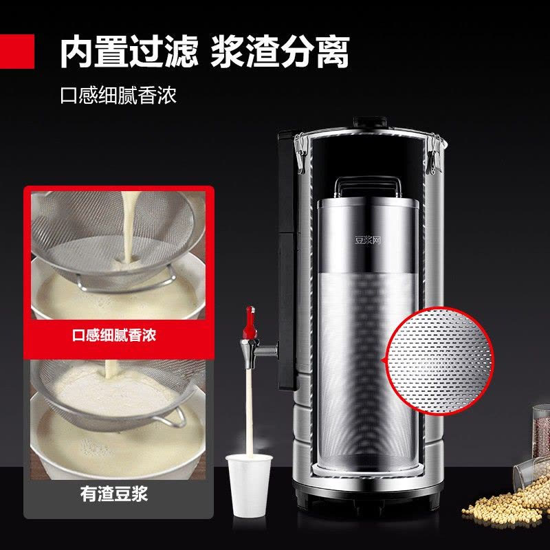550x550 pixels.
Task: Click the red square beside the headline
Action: pyautogui.click(x=16, y=51)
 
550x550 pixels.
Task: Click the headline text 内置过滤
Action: pyautogui.click(x=129, y=52)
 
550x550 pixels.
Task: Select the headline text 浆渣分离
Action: pyautogui.click(x=280, y=52)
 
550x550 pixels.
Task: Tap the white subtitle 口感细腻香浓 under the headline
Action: pyautogui.click(x=118, y=95)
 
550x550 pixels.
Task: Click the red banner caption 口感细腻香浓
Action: pyautogui.click(x=114, y=335)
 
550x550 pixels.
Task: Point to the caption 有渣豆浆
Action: pyautogui.click(x=114, y=494)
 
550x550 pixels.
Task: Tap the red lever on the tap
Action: pyautogui.click(x=250, y=322)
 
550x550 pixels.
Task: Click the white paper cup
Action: pyautogui.click(x=249, y=485)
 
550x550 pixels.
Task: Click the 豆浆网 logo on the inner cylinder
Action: pyautogui.click(x=367, y=240)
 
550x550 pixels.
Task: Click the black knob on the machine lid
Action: pyautogui.click(x=370, y=122)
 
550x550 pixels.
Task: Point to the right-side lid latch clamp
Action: pyautogui.click(x=434, y=154)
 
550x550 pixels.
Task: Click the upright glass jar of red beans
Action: pyautogui.click(x=541, y=431)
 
